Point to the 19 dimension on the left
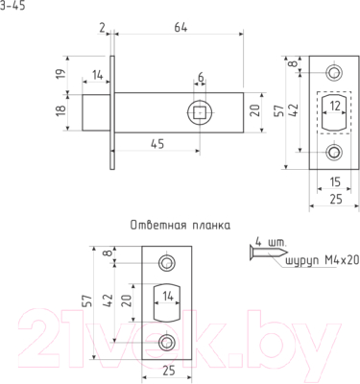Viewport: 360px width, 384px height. (x=61, y=75)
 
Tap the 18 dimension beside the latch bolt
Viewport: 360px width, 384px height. (x=61, y=110)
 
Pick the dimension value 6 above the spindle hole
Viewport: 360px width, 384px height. (x=200, y=78)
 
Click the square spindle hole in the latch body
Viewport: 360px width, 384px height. (x=201, y=111)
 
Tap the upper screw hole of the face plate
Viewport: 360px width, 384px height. (x=333, y=72)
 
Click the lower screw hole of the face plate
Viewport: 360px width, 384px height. (x=333, y=152)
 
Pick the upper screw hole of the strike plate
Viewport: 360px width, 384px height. (x=168, y=262)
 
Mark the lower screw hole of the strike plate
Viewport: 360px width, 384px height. (x=168, y=341)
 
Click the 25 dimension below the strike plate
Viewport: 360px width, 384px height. (x=169, y=368)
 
